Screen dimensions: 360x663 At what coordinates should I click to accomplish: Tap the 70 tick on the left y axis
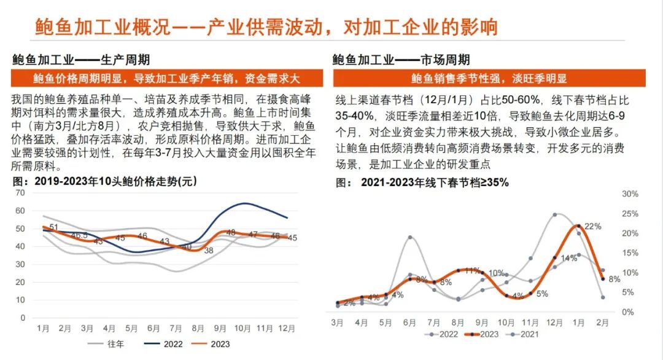click(21, 193)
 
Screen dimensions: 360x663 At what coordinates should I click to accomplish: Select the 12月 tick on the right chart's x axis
click(554, 322)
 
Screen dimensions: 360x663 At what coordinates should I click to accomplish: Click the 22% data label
click(592, 227)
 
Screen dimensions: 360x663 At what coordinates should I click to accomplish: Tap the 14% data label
click(568, 258)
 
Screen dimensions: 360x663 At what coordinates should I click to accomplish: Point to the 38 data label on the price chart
click(209, 251)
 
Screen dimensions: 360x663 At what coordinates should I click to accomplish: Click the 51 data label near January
click(54, 228)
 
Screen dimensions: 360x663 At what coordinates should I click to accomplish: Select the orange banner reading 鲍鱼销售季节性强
click(489, 79)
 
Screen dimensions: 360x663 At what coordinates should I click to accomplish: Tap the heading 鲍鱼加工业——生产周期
click(81, 60)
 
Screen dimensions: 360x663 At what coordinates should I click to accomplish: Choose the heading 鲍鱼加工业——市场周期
click(401, 60)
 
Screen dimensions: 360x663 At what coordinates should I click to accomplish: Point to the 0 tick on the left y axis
click(23, 318)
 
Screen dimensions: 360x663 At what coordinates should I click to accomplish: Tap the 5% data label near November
click(542, 294)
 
